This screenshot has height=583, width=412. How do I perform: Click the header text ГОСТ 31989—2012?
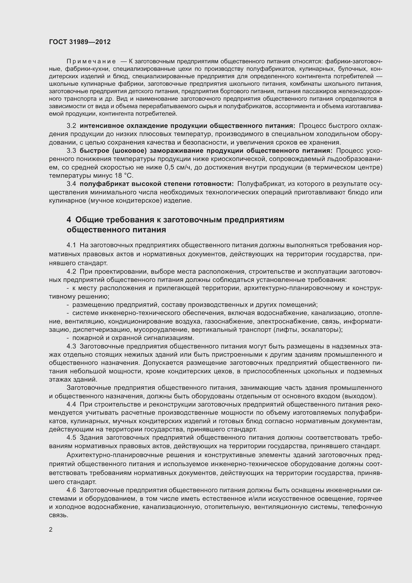pyautogui.click(x=80, y=42)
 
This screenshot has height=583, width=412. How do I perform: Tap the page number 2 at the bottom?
pyautogui.click(x=51, y=530)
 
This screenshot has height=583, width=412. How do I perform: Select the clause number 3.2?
pyautogui.click(x=71, y=126)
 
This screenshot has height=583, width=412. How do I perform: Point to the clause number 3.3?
pyautogui.click(x=71, y=151)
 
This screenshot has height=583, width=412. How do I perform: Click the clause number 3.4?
pyautogui.click(x=71, y=184)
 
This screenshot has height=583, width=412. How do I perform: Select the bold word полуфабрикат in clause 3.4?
pyautogui.click(x=105, y=184)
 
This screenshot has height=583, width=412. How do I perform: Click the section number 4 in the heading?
pyautogui.click(x=69, y=220)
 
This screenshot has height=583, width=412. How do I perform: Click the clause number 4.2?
pyautogui.click(x=71, y=271)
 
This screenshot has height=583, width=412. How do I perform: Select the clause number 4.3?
pyautogui.click(x=71, y=346)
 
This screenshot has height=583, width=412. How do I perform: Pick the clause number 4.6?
pyautogui.click(x=71, y=490)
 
